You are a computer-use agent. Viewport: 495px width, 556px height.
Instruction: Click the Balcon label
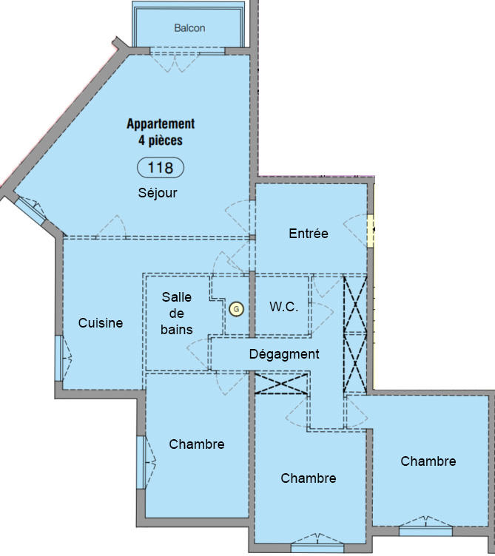[189, 28]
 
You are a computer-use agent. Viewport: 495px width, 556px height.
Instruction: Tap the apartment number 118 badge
[161, 168]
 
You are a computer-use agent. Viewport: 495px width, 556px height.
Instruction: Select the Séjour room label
[158, 193]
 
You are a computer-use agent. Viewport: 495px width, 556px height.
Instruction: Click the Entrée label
[308, 234]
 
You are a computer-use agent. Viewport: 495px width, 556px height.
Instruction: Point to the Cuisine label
[101, 323]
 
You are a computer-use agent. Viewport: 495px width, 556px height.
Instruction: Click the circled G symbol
[236, 309]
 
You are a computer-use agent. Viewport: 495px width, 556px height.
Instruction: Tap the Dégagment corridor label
[283, 354]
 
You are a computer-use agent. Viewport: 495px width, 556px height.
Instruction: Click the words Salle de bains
[177, 313]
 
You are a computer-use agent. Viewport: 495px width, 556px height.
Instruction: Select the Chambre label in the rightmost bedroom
[428, 461]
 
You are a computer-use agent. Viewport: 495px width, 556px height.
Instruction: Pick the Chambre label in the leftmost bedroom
[196, 444]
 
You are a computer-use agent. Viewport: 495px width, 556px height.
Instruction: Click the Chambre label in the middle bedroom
[308, 478]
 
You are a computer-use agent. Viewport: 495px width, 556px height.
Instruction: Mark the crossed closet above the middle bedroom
[281, 383]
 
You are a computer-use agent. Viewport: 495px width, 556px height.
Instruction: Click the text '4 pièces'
[160, 139]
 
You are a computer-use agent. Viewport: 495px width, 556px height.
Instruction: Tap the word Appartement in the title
[161, 124]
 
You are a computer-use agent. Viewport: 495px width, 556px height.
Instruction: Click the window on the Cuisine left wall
[58, 358]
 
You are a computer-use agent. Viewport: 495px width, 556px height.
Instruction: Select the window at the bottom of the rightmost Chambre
[425, 530]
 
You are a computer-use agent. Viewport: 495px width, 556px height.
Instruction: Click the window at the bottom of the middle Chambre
[317, 548]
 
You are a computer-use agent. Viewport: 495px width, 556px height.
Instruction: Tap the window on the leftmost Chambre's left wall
[140, 462]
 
